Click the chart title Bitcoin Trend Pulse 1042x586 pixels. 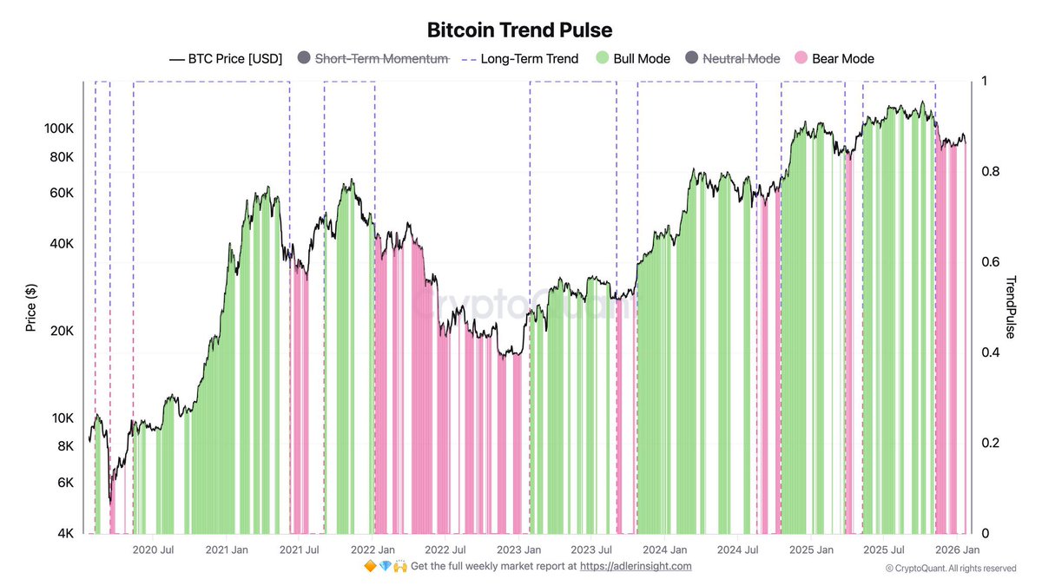pyautogui.click(x=519, y=30)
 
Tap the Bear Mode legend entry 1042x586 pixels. pyautogui.click(x=834, y=59)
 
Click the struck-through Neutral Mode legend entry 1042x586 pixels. pyautogui.click(x=732, y=59)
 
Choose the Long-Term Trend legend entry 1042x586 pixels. pyautogui.click(x=519, y=59)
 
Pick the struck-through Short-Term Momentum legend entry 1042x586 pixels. pyautogui.click(x=373, y=59)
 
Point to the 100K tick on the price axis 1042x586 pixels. pyautogui.click(x=58, y=128)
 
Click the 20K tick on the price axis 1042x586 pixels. pyautogui.click(x=62, y=332)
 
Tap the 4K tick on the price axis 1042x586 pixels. pyautogui.click(x=65, y=534)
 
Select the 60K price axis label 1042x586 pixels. pyautogui.click(x=62, y=193)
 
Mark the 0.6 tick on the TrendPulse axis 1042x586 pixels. pyautogui.click(x=989, y=262)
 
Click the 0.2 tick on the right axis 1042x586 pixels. pyautogui.click(x=989, y=443)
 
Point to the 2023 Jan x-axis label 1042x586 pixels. pyautogui.click(x=518, y=550)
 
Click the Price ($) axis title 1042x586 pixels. pyautogui.click(x=31, y=307)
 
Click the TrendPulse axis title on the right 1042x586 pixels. pyautogui.click(x=1012, y=307)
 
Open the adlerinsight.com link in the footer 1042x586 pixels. pyautogui.click(x=636, y=566)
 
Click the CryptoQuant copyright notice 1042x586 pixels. pyautogui.click(x=950, y=569)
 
